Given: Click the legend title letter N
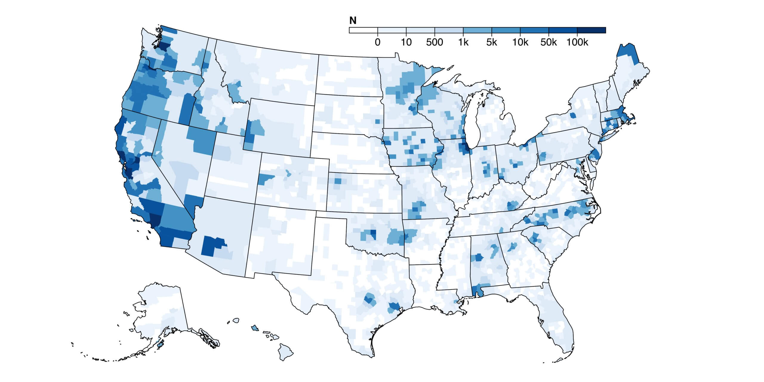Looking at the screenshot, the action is click(353, 20).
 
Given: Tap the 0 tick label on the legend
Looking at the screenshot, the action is click(378, 42).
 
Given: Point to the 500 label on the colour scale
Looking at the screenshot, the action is click(435, 42).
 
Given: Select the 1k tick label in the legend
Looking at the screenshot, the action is click(463, 42).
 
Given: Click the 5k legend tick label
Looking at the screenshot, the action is click(492, 42).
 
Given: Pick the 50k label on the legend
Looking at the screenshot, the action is click(549, 42).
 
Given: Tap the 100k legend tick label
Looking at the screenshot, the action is click(577, 42).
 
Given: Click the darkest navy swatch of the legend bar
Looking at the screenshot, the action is click(591, 30).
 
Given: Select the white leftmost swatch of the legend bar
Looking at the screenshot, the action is click(363, 30).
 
